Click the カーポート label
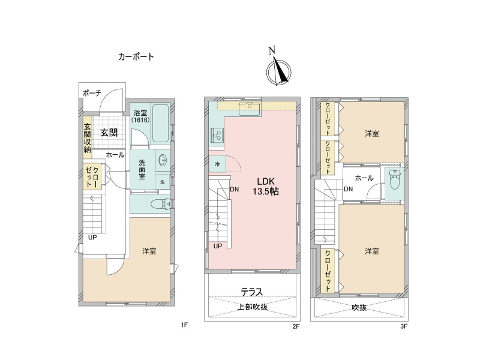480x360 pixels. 136,57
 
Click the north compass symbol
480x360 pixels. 278,68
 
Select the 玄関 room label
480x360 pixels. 108,133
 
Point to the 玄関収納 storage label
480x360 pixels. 87,137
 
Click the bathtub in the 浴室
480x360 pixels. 161,123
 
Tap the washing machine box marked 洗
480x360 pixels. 162,182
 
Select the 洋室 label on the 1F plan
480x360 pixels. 149,251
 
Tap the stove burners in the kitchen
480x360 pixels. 215,137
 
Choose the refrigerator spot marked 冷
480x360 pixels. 215,164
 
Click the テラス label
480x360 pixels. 252,292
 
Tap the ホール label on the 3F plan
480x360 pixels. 364,178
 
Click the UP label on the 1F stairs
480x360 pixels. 92,237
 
